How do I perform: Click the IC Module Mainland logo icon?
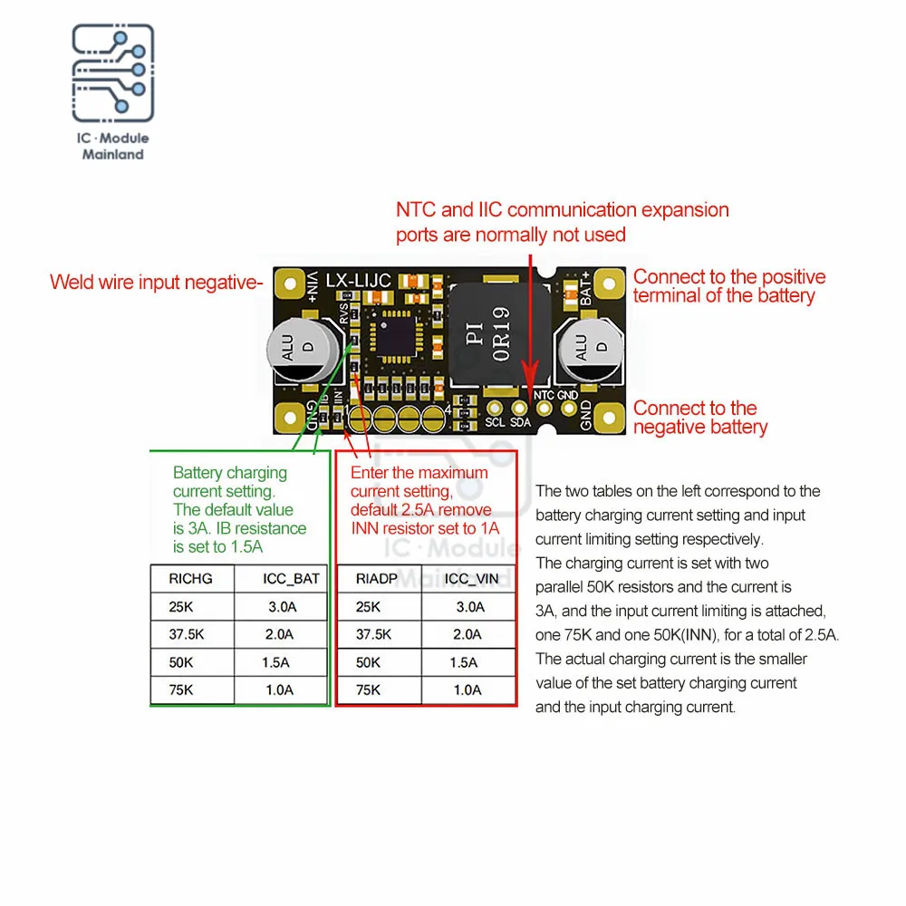tap(113, 75)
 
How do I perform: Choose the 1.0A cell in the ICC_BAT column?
tap(278, 690)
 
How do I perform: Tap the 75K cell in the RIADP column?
tap(368, 690)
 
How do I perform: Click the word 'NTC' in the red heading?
tap(416, 210)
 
